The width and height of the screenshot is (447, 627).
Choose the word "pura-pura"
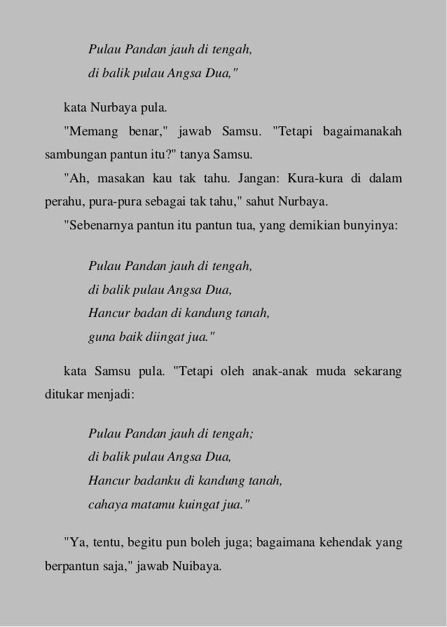click(107, 201)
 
